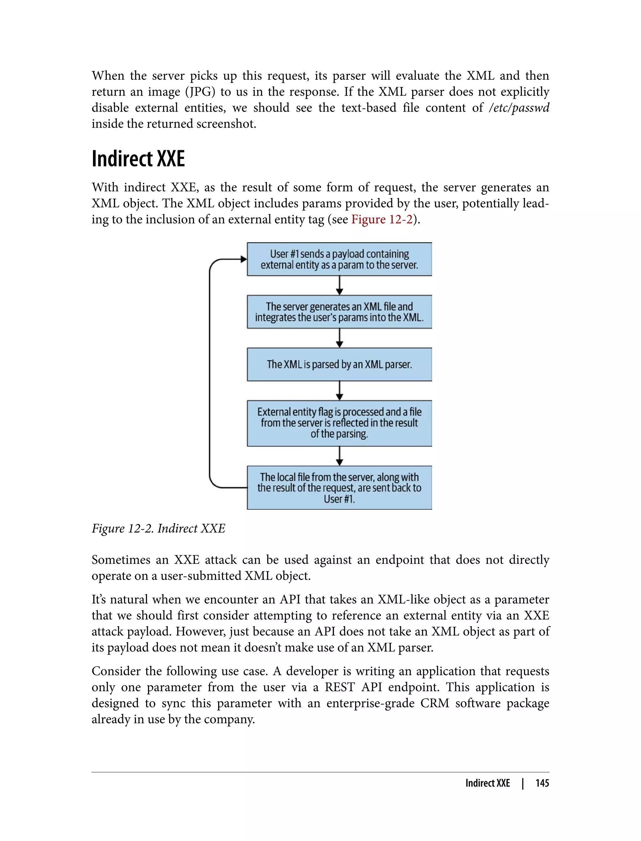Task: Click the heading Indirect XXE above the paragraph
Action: coord(138,159)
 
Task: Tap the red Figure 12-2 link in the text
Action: coord(382,219)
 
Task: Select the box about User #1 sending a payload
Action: coord(339,259)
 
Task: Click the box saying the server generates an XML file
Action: coord(339,312)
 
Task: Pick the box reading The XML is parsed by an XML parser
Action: coord(339,364)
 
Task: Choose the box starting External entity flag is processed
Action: coord(339,423)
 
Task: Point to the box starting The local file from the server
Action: coord(339,488)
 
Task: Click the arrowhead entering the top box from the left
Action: coord(243,259)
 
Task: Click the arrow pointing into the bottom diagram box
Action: coord(339,456)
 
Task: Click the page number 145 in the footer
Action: coord(542,783)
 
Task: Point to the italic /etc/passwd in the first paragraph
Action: coord(519,108)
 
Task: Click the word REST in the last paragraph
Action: coord(340,687)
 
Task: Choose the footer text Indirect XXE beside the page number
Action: coord(487,783)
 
